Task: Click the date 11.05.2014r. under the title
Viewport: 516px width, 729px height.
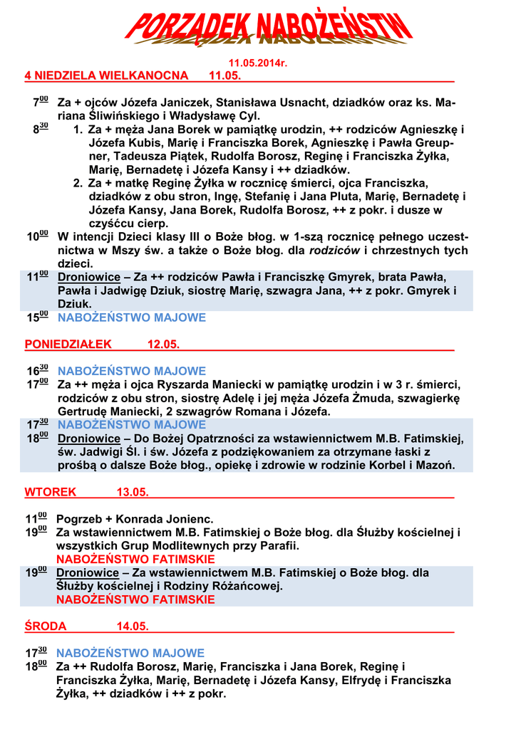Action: pyautogui.click(x=257, y=64)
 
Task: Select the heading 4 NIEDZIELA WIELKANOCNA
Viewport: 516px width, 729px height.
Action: pyautogui.click(x=107, y=75)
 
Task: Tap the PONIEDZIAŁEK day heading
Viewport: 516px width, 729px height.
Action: pyautogui.click(x=68, y=345)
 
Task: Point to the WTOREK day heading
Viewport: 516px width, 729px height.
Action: pyautogui.click(x=51, y=492)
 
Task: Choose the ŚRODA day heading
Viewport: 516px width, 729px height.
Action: pyautogui.click(x=46, y=626)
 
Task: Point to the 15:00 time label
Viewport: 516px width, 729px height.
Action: pyautogui.click(x=38, y=318)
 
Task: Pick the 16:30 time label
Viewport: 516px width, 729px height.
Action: pyautogui.click(x=38, y=371)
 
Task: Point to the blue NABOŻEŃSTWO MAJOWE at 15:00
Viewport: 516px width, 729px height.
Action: pyautogui.click(x=131, y=318)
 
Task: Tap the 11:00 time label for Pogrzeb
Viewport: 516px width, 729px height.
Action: pyautogui.click(x=37, y=519)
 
